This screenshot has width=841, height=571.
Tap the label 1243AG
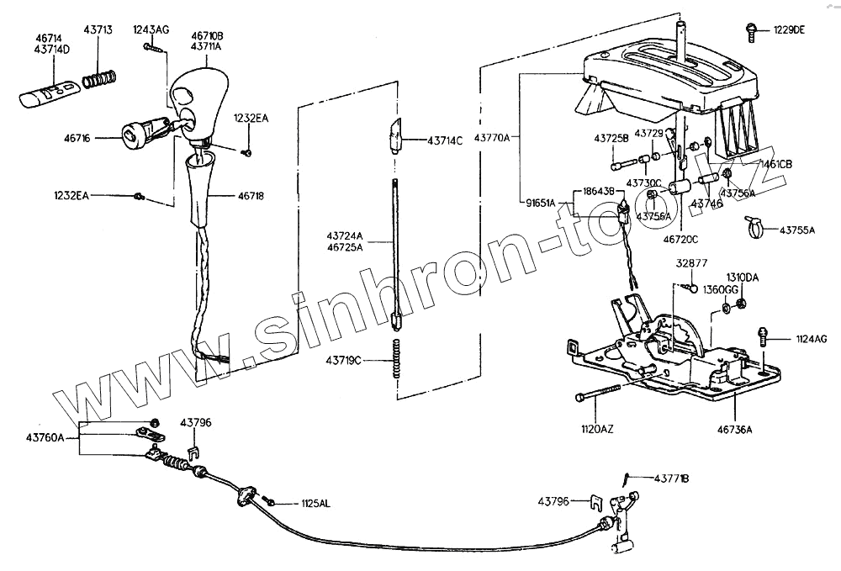151,29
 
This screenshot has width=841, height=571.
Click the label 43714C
446,140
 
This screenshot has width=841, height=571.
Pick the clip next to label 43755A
754,225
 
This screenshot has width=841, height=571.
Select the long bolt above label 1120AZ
598,394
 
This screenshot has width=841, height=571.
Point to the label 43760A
45,437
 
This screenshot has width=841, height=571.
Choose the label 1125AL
316,504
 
